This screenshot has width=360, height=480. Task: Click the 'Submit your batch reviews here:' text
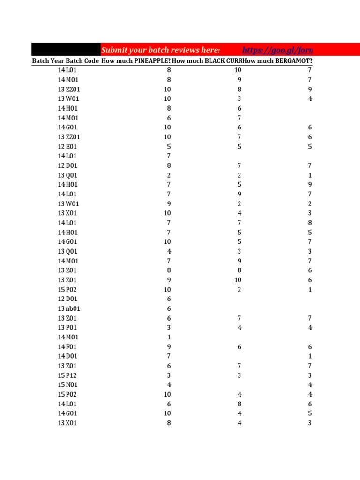(160, 50)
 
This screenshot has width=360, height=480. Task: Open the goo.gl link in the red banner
(277, 50)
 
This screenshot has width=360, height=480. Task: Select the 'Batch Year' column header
(48, 61)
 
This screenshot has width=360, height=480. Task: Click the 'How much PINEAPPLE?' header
(136, 61)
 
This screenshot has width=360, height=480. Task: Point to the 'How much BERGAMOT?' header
(278, 61)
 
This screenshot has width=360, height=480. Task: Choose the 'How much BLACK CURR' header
(207, 61)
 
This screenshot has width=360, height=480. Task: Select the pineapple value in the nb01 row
(169, 308)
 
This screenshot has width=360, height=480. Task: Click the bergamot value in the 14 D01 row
(310, 356)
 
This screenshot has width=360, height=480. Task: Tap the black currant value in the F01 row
(239, 347)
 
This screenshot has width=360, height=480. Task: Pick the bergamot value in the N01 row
(310, 385)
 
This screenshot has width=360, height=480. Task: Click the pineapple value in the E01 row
(169, 147)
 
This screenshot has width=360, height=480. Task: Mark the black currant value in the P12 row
(239, 375)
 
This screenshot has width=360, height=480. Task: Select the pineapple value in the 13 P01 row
(169, 328)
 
